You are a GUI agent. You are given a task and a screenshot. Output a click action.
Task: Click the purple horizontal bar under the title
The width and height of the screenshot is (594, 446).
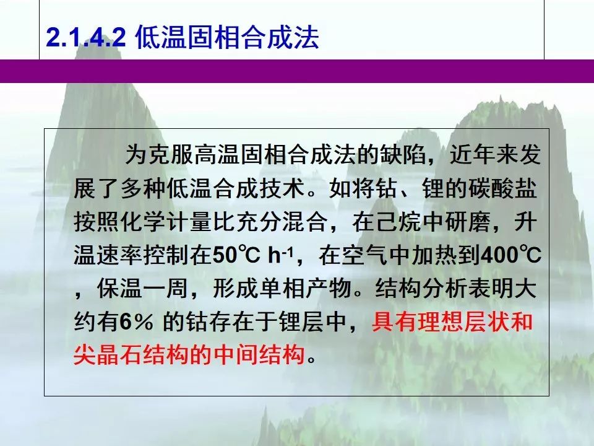(297, 71)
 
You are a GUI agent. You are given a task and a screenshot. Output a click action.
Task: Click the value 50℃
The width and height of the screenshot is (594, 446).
(236, 255)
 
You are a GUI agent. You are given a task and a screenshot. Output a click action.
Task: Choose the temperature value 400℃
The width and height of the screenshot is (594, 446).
(510, 255)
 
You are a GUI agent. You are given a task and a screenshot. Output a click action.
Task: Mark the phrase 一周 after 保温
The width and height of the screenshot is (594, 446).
(166, 288)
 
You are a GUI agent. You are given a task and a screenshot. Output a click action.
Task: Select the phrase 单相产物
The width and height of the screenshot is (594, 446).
(305, 288)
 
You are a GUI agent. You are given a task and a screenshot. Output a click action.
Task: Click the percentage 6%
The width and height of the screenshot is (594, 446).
(137, 322)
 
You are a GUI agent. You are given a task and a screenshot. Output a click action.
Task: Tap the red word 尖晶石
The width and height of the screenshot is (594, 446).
(108, 355)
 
